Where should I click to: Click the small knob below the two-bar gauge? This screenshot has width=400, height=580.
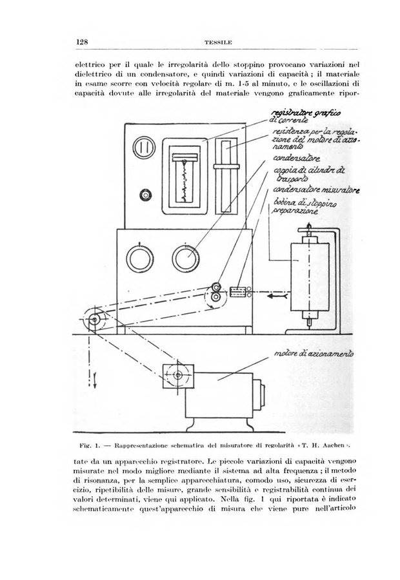pos(145,195)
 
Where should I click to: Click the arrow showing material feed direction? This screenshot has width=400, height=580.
pos(277,298)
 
